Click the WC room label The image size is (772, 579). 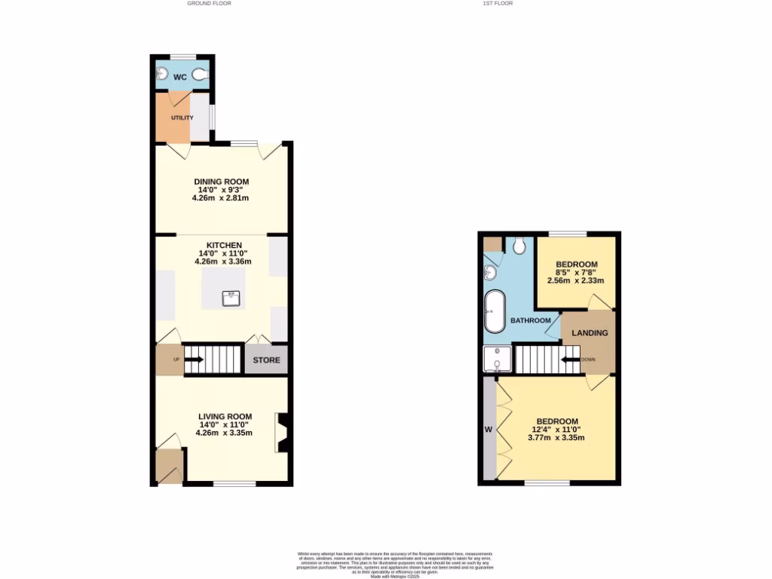click(180, 77)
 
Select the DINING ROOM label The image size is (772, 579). click(221, 182)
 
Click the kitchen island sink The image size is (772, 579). click(231, 299)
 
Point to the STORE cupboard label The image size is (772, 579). click(266, 360)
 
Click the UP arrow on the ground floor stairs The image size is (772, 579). click(194, 360)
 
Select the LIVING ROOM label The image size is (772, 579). click(225, 416)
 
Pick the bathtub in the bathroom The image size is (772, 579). click(495, 311)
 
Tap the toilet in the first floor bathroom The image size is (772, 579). click(519, 246)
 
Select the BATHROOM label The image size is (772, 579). click(531, 320)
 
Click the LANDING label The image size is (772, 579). click(590, 333)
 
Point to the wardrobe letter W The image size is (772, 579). click(489, 430)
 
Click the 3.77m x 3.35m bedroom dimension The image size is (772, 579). click(557, 437)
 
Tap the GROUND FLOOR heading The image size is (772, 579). click(209, 3)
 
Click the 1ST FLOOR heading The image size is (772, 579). click(498, 3)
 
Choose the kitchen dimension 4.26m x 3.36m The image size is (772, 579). click(222, 262)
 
